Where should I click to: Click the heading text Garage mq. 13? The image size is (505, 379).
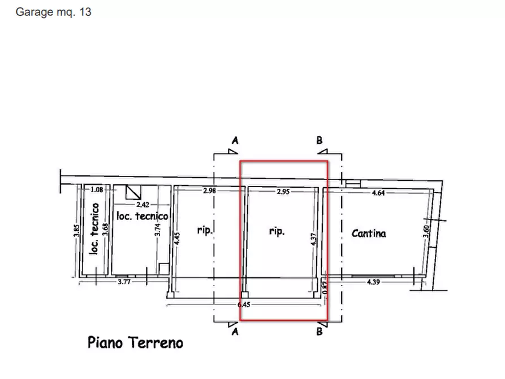point(53,12)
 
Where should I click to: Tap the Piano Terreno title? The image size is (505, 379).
point(136,342)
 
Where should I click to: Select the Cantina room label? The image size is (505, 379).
point(369,232)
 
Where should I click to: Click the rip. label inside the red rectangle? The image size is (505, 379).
point(277,231)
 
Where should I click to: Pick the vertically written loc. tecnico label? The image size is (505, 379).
point(95,228)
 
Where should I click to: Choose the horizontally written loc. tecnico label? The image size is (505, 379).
point(142,216)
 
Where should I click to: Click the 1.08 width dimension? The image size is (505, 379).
point(97,190)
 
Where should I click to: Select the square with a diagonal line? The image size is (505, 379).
point(133,192)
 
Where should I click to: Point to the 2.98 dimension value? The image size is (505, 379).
point(209,191)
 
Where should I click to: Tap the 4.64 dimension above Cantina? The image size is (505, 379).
point(378,193)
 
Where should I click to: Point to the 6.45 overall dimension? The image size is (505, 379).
point(244,304)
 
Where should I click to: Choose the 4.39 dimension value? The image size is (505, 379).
point(374,281)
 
